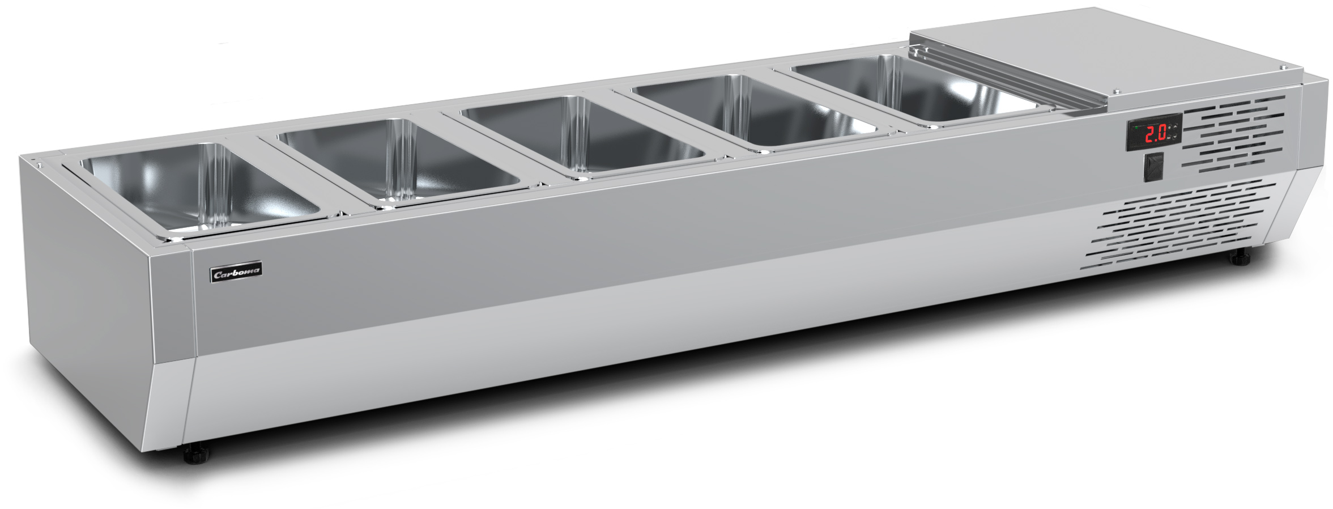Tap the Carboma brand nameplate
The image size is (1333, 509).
click(x=236, y=273)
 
